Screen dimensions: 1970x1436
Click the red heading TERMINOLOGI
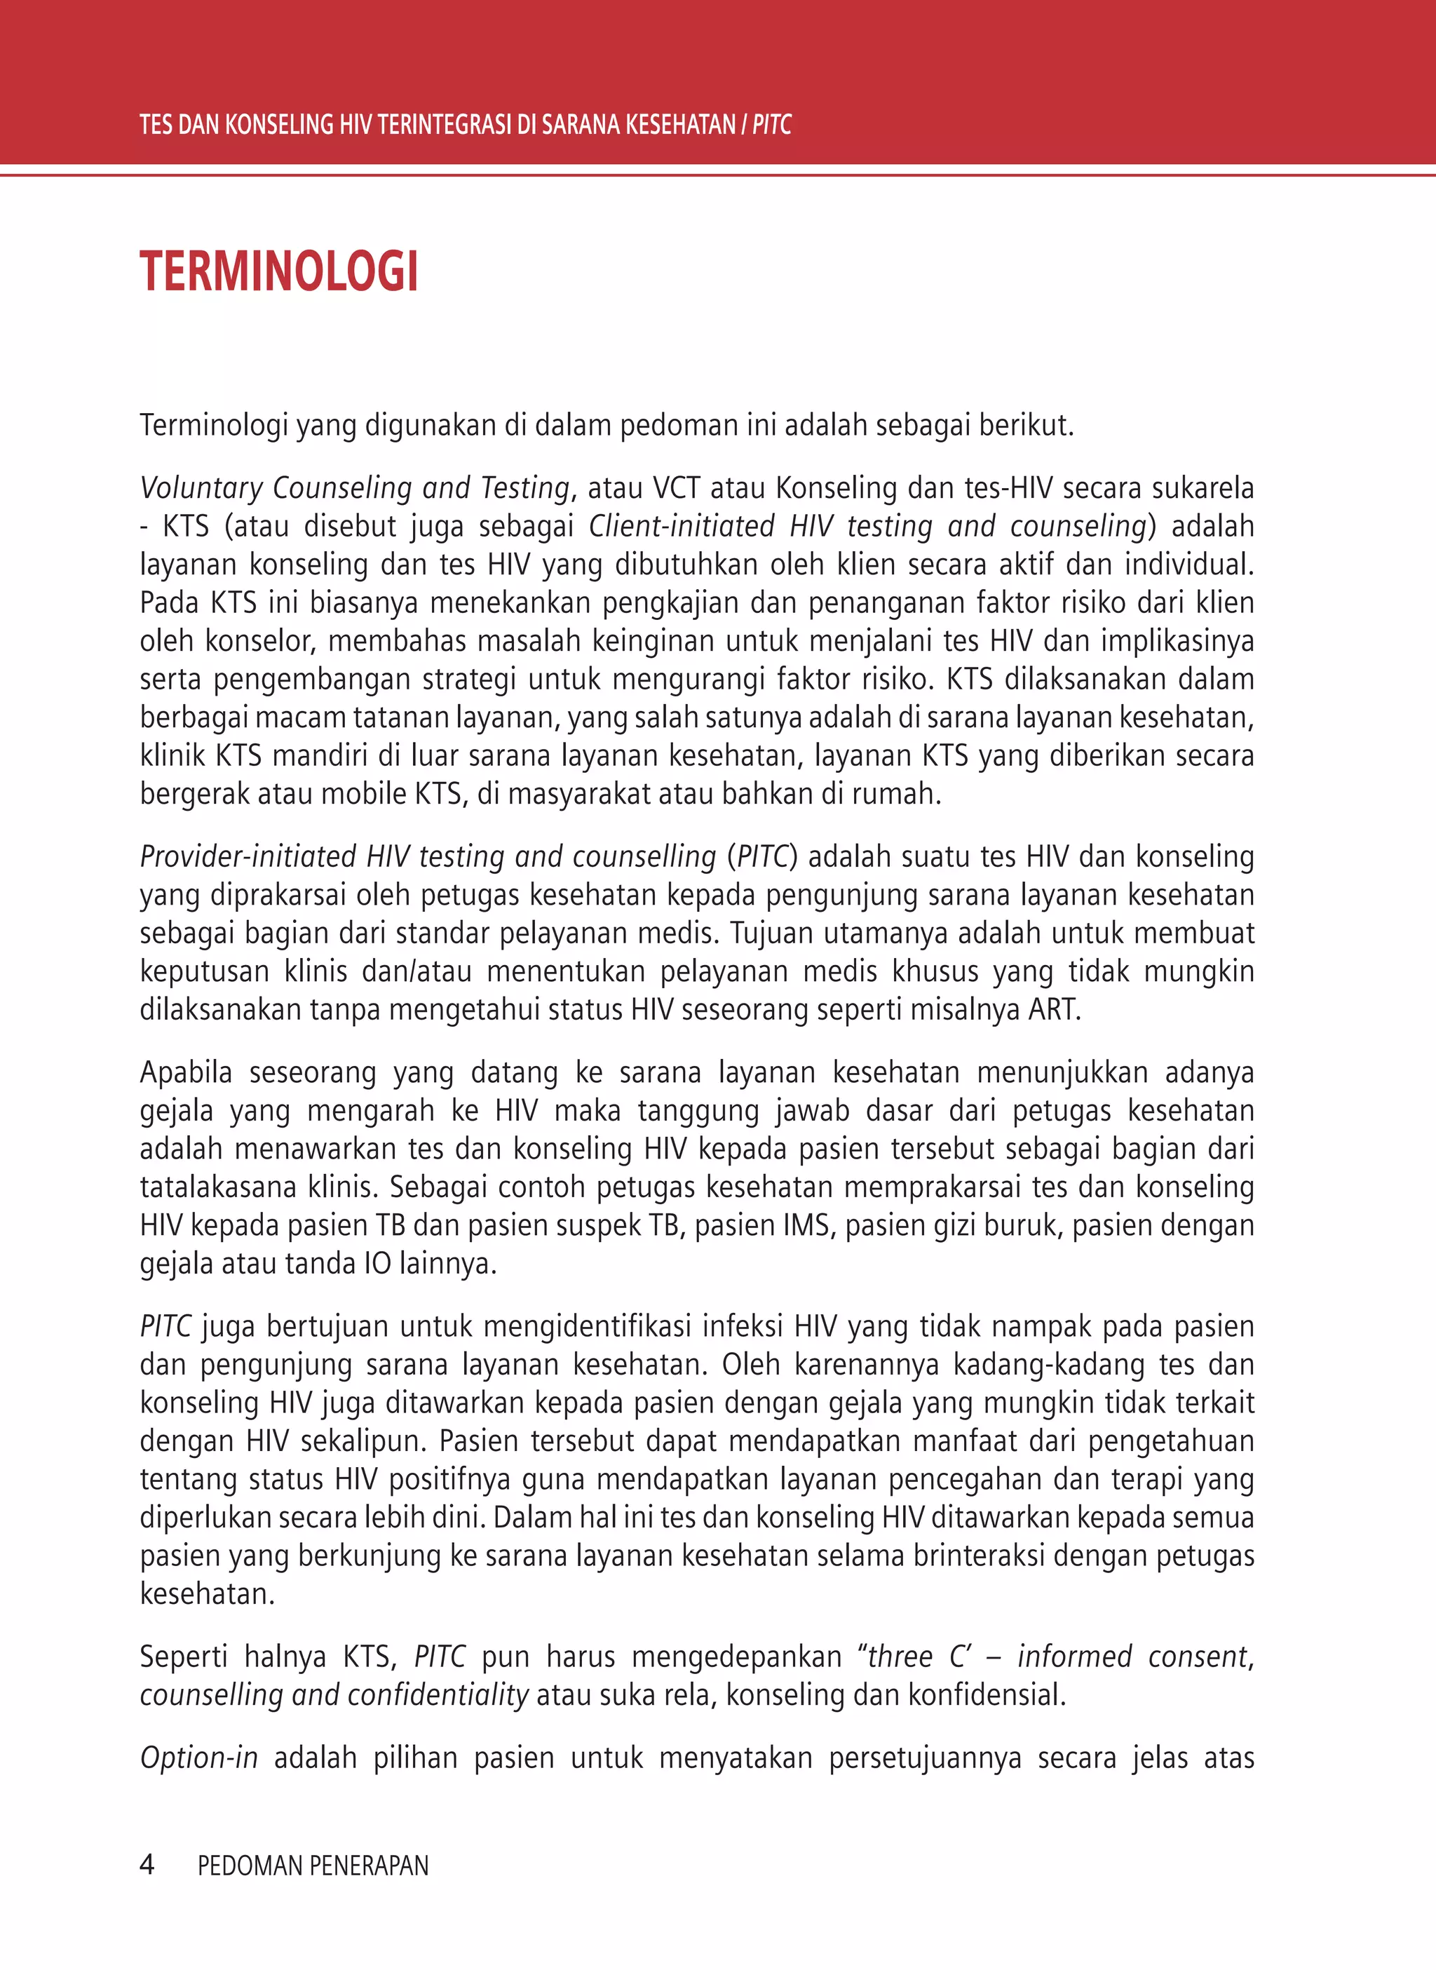pyautogui.click(x=279, y=271)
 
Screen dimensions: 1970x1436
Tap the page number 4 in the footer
pyautogui.click(x=147, y=1864)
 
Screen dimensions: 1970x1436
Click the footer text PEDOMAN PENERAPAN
pyautogui.click(x=313, y=1866)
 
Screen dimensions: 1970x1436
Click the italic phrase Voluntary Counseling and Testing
pyautogui.click(x=355, y=487)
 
